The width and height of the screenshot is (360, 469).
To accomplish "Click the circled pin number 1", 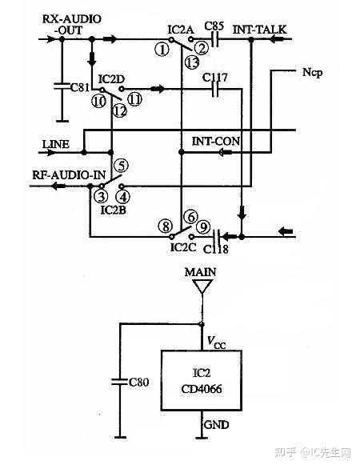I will [x=164, y=48].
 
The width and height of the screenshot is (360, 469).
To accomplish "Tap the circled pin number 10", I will [x=98, y=101].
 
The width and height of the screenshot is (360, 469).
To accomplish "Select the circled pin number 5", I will [x=122, y=166].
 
